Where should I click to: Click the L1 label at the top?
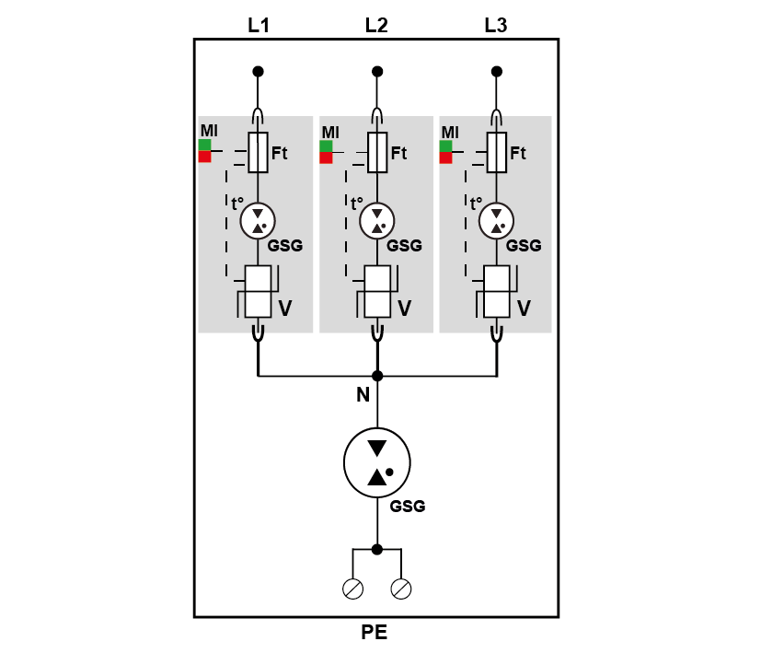pos(259,25)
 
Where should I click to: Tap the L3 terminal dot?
pos(497,72)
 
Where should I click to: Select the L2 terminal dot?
pos(377,72)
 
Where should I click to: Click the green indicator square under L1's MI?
pos(205,145)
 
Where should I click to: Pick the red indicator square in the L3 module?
pos(445,157)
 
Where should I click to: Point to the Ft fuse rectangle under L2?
pos(377,152)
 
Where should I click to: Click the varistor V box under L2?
pos(377,292)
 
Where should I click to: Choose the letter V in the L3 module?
pos(524,309)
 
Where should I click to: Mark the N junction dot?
pos(377,376)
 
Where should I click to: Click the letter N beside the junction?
pos(363,394)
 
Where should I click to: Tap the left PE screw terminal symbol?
pos(352,589)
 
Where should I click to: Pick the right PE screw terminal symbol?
pos(401,589)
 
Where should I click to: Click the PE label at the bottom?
pos(375,632)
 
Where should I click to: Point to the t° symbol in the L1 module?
pos(237,204)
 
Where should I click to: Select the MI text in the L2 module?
pos(330,132)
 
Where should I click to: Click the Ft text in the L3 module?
pos(518,153)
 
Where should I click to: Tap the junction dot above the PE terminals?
pos(377,550)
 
